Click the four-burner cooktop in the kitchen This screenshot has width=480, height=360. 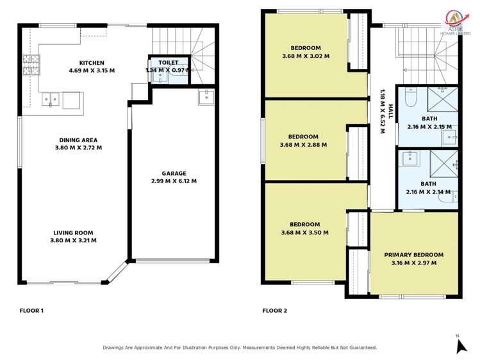click(x=30, y=64)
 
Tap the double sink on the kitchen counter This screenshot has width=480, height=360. click(x=52, y=99)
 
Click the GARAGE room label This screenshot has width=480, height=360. click(x=174, y=173)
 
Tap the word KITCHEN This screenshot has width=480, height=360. click(x=92, y=63)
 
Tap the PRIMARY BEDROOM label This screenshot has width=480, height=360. click(x=413, y=254)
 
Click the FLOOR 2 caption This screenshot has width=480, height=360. click(x=274, y=311)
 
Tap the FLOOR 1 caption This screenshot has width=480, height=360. click(x=31, y=311)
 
